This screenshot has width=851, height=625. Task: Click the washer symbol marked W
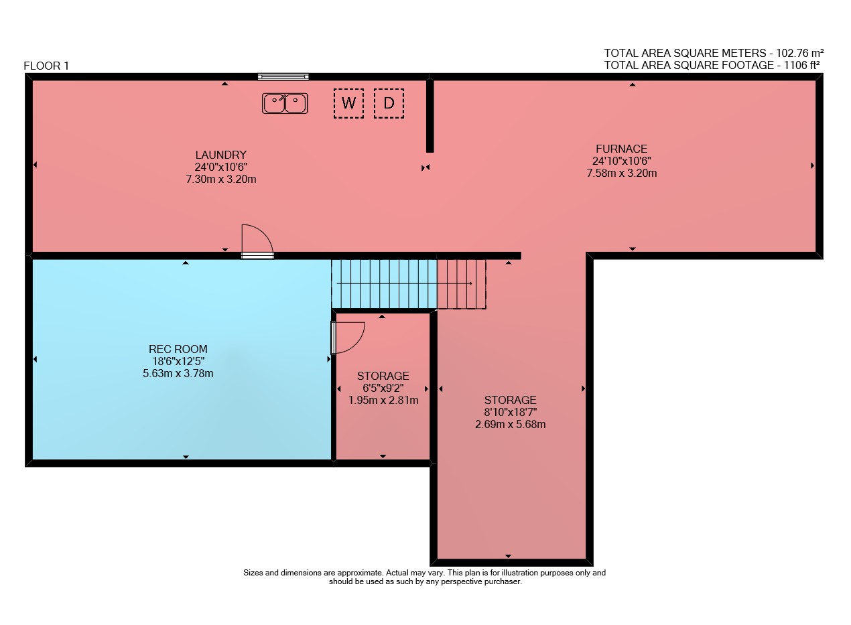coord(348,103)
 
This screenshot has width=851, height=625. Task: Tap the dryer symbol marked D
coord(389,103)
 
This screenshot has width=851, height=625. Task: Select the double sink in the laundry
coord(285,103)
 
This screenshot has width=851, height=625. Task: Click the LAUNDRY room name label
coord(220,155)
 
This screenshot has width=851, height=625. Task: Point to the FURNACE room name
coord(622,149)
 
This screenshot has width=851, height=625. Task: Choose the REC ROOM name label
coord(178,349)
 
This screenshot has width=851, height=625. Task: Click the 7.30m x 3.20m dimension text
coord(220,180)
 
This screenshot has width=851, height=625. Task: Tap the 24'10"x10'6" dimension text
coord(622,161)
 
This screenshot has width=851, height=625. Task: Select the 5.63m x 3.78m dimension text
coord(178,373)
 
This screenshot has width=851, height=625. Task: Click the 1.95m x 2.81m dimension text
coord(383,400)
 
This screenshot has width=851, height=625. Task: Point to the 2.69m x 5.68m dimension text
coord(510,424)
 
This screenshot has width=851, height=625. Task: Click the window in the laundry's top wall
coord(283,77)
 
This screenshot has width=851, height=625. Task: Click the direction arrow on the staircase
coord(404,283)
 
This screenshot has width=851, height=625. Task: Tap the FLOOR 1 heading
coord(46,66)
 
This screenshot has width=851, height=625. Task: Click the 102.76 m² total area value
coord(799,53)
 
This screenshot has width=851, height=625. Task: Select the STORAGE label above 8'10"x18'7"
coord(510,400)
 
